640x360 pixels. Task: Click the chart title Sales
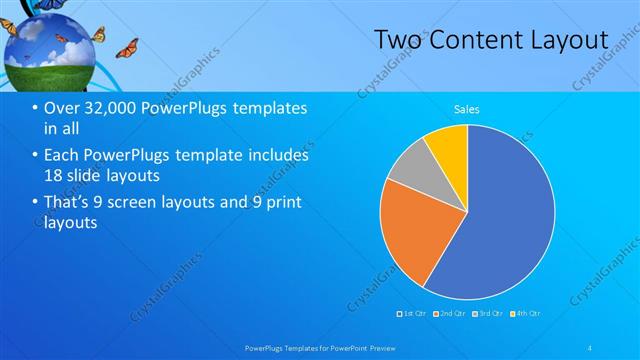[x=466, y=108]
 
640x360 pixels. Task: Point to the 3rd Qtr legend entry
[x=488, y=314]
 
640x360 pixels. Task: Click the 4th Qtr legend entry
[x=526, y=314]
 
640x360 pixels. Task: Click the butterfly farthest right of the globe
[x=126, y=48]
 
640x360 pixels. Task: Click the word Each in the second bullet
[x=63, y=156]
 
